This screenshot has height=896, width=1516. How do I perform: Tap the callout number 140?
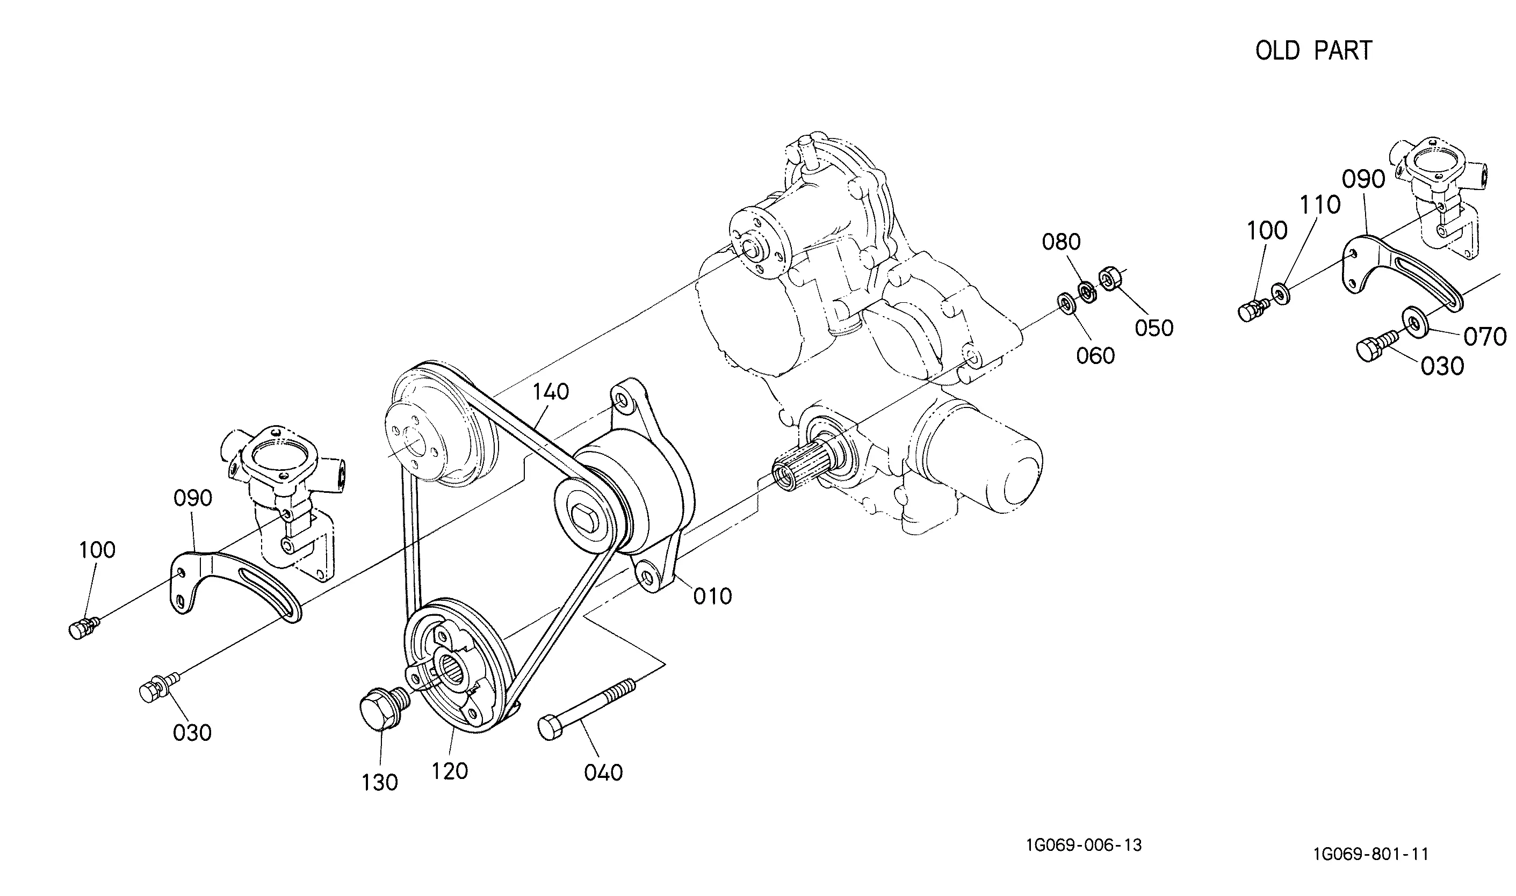click(551, 392)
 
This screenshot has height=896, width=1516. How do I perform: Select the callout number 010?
click(713, 596)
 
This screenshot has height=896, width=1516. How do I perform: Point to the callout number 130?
click(380, 783)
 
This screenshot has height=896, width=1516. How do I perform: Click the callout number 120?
click(450, 771)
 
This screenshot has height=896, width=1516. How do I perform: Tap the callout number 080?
click(1061, 242)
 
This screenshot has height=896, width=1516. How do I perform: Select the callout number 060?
click(1095, 355)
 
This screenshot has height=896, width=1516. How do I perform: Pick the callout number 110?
click(1320, 205)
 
